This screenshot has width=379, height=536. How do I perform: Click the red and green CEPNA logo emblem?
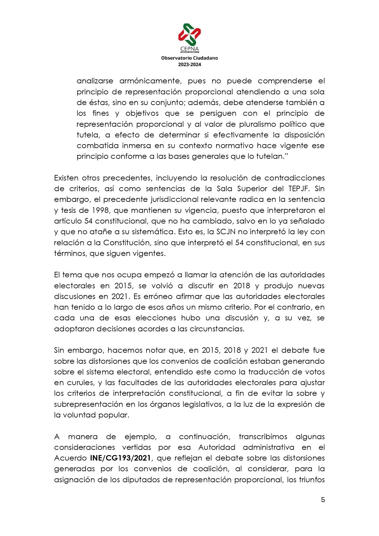tap(189, 34)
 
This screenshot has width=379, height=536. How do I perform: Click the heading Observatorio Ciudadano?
tap(189, 58)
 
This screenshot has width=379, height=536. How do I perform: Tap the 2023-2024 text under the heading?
tap(189, 64)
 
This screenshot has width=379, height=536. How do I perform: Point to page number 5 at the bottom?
tap(323, 500)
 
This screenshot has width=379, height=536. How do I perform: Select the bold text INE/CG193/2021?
tap(120, 458)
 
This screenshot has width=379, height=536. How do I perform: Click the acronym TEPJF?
tap(299, 189)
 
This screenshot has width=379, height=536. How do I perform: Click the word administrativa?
tap(268, 447)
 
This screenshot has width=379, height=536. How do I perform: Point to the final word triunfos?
tap(310, 480)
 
